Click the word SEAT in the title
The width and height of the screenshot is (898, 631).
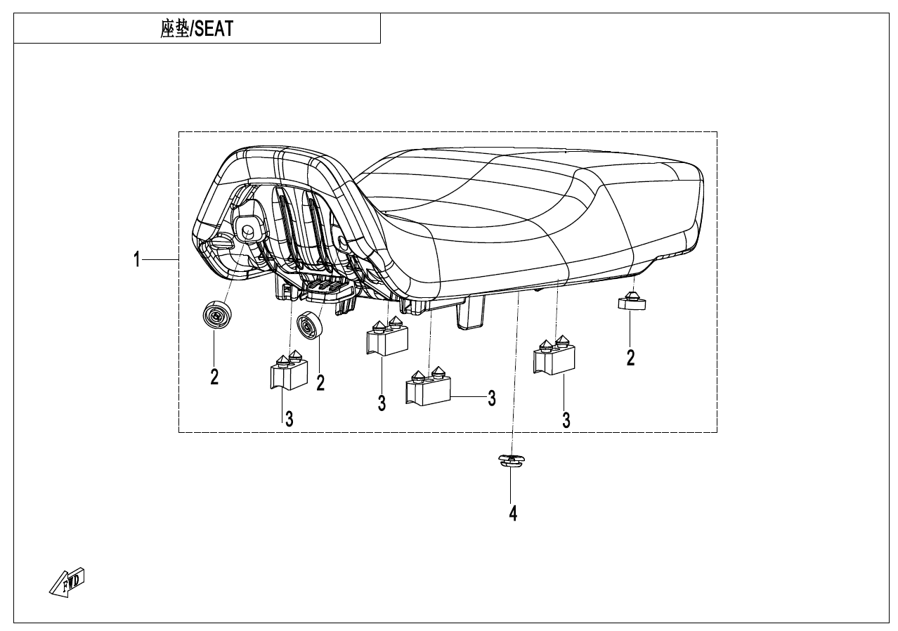point(213,30)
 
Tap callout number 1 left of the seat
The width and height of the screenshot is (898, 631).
point(138,261)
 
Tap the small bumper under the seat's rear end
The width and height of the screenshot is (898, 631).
point(632,301)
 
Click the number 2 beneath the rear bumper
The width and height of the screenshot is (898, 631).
point(630,358)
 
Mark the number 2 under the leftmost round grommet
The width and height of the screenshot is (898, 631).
point(214,377)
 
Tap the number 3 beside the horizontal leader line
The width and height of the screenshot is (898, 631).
point(492,398)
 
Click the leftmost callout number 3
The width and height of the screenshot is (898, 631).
point(288,419)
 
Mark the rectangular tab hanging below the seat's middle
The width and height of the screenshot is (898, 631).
point(471,312)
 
